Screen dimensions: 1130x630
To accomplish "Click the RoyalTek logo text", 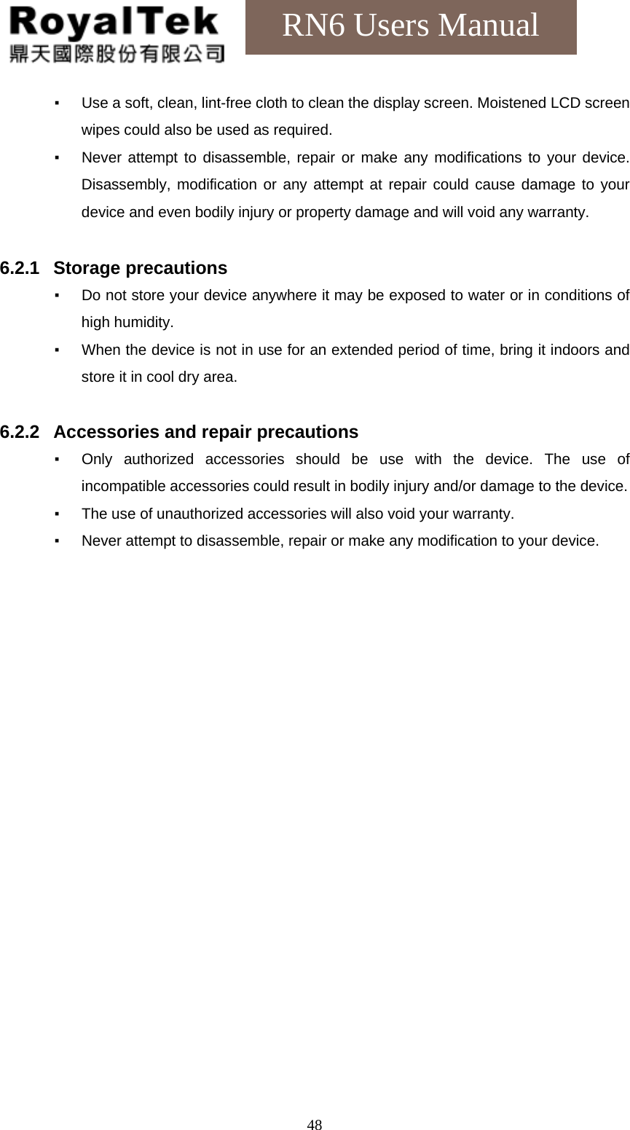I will click(x=114, y=23).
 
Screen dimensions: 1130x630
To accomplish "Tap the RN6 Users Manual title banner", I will click(x=411, y=26).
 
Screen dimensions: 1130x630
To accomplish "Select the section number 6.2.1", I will click(x=20, y=268).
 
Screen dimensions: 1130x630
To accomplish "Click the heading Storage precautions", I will click(x=141, y=268).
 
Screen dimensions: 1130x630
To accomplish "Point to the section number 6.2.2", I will click(x=20, y=432).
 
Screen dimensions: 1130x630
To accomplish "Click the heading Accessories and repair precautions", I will click(x=206, y=432).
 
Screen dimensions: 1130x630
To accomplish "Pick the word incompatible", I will click(x=123, y=487).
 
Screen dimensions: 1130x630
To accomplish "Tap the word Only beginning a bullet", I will click(x=97, y=460).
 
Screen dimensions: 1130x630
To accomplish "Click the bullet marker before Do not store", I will click(x=57, y=296).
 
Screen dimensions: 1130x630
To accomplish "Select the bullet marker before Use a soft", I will click(x=57, y=103).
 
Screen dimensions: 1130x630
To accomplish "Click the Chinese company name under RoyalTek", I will click(x=117, y=53).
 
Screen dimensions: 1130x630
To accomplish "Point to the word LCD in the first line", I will click(x=565, y=103).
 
